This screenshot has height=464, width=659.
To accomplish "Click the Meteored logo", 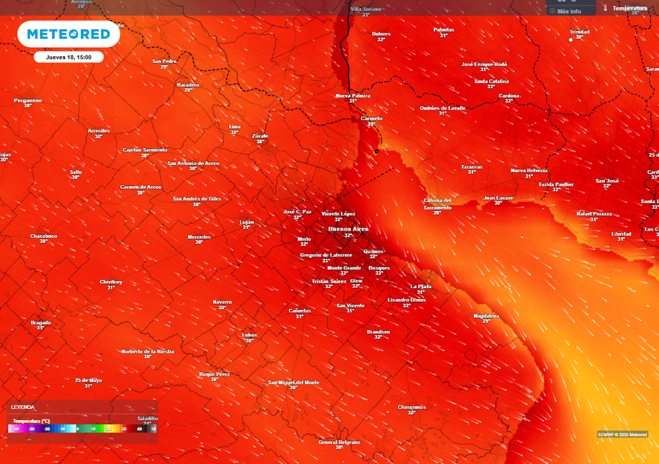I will click(69, 34).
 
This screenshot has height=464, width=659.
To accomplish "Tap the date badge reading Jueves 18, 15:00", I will click(69, 57).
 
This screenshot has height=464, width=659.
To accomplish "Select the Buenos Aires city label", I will click(348, 229).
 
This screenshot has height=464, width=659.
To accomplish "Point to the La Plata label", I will click(420, 286).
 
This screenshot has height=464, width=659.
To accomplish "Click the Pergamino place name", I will click(28, 100).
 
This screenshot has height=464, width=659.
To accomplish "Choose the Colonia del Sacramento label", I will click(437, 204).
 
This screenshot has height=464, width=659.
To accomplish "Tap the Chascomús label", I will click(411, 407).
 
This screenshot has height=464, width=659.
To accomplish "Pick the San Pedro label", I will click(164, 61).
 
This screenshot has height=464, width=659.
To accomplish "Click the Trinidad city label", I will click(579, 32).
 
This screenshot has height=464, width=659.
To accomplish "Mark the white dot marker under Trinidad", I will click(570, 39).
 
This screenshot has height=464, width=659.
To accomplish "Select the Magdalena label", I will click(486, 316).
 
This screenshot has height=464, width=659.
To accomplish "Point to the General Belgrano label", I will click(339, 442).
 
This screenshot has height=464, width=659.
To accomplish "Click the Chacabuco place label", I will click(44, 236).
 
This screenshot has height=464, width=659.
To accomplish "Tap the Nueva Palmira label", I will click(353, 95).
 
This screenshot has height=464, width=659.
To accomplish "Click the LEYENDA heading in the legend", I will click(23, 407).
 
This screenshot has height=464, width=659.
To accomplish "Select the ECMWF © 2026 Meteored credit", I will click(622, 434).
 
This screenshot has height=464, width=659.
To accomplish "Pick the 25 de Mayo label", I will click(88, 380).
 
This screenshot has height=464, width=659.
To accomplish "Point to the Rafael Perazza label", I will click(594, 214).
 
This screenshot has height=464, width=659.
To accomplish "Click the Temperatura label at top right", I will click(629, 8).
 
